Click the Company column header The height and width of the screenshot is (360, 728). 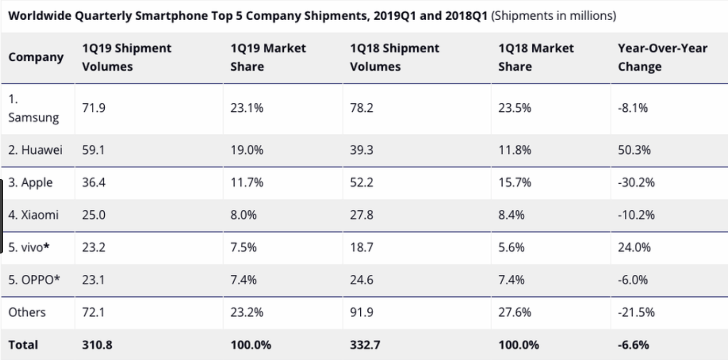coord(36,57)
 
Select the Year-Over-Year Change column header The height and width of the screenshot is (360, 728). coord(662,57)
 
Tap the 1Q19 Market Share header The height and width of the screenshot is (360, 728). coord(268,57)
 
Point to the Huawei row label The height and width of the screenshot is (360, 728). coord(35,150)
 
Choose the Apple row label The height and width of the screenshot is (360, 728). coord(31,182)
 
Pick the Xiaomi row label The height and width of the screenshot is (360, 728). coord(33,215)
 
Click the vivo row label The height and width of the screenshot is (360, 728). coord(29,247)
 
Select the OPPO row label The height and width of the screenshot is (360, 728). coord(34,280)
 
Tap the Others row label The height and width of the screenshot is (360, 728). coord(27,312)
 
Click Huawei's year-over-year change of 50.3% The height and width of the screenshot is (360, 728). coord(634,150)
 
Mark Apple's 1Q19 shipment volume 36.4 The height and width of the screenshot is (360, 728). coord(93,182)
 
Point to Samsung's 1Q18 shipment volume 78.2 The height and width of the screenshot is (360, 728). coord(361,108)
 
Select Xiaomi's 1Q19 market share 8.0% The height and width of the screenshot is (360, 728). coord(243,215)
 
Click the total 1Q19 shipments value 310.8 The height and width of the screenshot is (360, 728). coord(97,345)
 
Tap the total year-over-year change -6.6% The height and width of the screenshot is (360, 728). coord(633,345)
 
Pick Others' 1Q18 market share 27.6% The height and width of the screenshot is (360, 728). coord(514,312)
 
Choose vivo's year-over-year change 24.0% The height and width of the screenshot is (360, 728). coord(634,247)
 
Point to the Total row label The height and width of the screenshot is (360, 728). coord(23,345)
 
